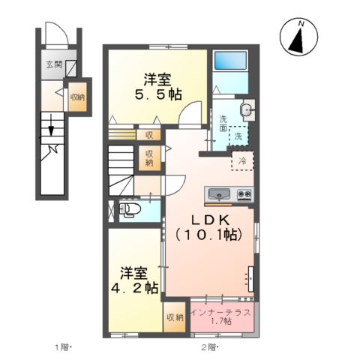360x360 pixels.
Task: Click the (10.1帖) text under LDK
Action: click(x=208, y=235)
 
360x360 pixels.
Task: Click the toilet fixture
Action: click(x=129, y=208)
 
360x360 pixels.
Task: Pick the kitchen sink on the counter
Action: click(x=219, y=194)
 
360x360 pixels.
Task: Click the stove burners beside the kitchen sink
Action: click(x=244, y=193)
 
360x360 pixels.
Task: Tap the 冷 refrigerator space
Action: click(x=242, y=160)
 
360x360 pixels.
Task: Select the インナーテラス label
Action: click(x=220, y=310)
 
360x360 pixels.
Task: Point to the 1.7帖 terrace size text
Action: click(x=220, y=321)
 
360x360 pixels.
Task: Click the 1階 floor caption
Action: click(x=61, y=346)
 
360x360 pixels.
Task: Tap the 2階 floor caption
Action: click(x=208, y=346)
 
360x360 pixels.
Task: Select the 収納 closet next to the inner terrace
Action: click(x=174, y=318)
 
